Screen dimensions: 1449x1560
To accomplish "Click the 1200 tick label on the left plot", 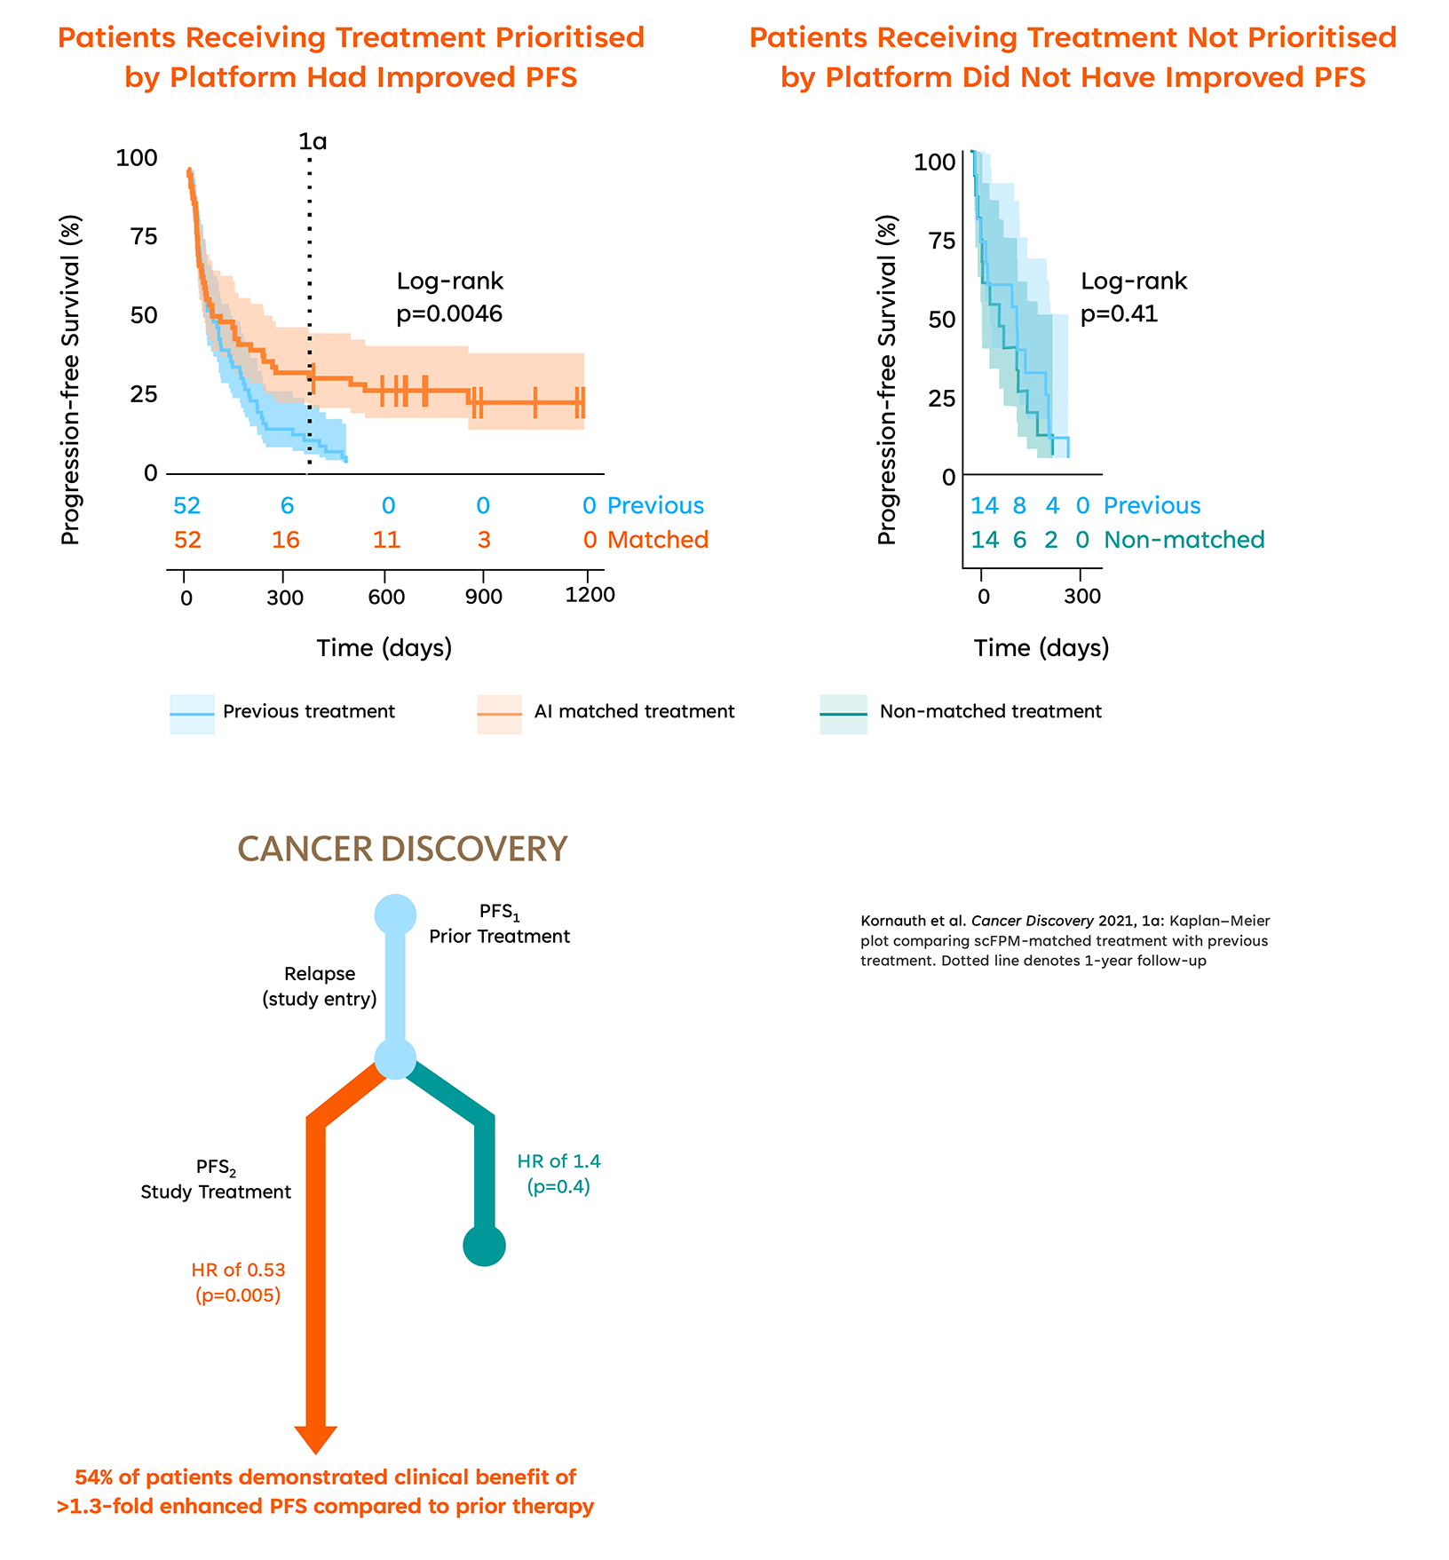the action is point(590,595).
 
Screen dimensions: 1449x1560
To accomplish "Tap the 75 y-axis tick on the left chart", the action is point(144,236).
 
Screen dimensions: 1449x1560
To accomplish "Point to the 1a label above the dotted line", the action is point(313,141).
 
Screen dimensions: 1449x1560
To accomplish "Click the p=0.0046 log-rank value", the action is point(449,314).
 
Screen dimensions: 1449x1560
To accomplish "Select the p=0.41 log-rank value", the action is point(1119,314).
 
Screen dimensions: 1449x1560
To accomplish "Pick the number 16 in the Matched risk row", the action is point(286,540).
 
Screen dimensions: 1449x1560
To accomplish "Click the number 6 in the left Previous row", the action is point(287,506).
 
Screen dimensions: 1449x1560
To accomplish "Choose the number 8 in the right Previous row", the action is point(1019,506).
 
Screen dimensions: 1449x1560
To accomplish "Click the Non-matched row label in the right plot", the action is point(1184,540).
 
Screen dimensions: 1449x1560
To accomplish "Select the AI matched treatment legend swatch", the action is point(500,714).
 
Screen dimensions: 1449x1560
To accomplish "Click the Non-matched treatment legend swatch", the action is point(843,714).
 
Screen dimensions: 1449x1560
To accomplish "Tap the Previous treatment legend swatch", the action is point(192,714).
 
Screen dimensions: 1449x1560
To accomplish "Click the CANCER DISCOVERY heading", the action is point(402,849).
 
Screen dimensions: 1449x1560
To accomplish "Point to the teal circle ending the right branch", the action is point(484,1246).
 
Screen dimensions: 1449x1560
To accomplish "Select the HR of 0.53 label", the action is point(238,1270).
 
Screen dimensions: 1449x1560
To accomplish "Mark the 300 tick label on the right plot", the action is point(1082,597).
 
